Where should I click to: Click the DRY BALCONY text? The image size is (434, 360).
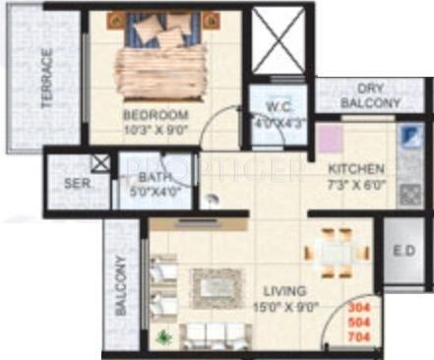[370, 95]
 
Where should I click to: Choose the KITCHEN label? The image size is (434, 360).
[356, 168]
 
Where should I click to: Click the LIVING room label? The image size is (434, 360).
[285, 291]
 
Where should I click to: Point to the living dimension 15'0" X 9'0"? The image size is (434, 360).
[285, 306]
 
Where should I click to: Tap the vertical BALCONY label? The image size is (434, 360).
[120, 286]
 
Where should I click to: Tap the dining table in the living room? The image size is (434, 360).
[332, 252]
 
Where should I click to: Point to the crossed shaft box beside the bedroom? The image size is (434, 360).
[279, 40]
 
